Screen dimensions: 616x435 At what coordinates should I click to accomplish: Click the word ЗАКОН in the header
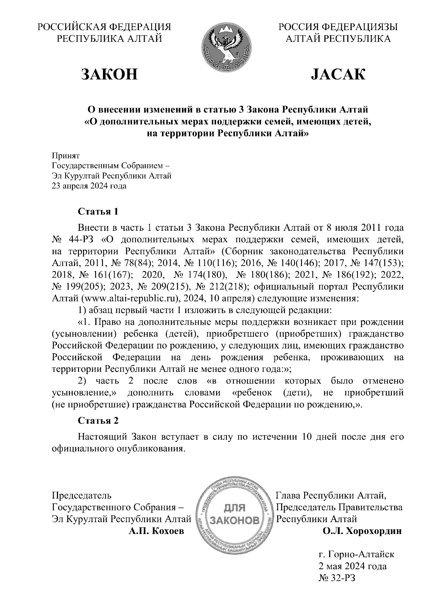109,74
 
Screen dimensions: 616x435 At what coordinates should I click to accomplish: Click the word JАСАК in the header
338,74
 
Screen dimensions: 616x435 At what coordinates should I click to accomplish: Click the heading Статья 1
98,212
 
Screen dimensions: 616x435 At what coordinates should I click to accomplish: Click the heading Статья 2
98,420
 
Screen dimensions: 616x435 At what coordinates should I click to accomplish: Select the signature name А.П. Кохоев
156,531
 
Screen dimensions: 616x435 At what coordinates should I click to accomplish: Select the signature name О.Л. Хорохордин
362,531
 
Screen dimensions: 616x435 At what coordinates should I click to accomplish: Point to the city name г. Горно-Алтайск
356,554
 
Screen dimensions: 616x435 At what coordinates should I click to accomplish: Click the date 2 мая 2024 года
352,566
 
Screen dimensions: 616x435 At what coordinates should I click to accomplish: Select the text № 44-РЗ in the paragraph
74,240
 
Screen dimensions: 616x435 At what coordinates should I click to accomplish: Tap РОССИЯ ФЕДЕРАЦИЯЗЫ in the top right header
338,27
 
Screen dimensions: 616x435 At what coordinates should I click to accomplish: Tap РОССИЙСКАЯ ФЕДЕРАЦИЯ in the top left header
104,27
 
